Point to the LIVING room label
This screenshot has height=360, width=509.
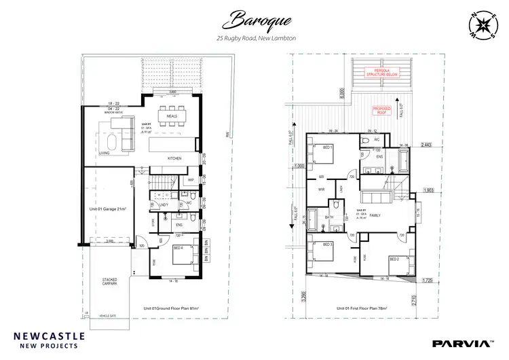tap(105, 154)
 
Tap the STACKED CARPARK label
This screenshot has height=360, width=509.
tap(109, 281)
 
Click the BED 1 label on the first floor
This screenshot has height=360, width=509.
tap(327, 147)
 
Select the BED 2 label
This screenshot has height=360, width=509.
tap(395, 259)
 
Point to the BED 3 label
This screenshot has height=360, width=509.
tap(327, 244)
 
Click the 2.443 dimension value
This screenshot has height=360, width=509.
tap(426, 145)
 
